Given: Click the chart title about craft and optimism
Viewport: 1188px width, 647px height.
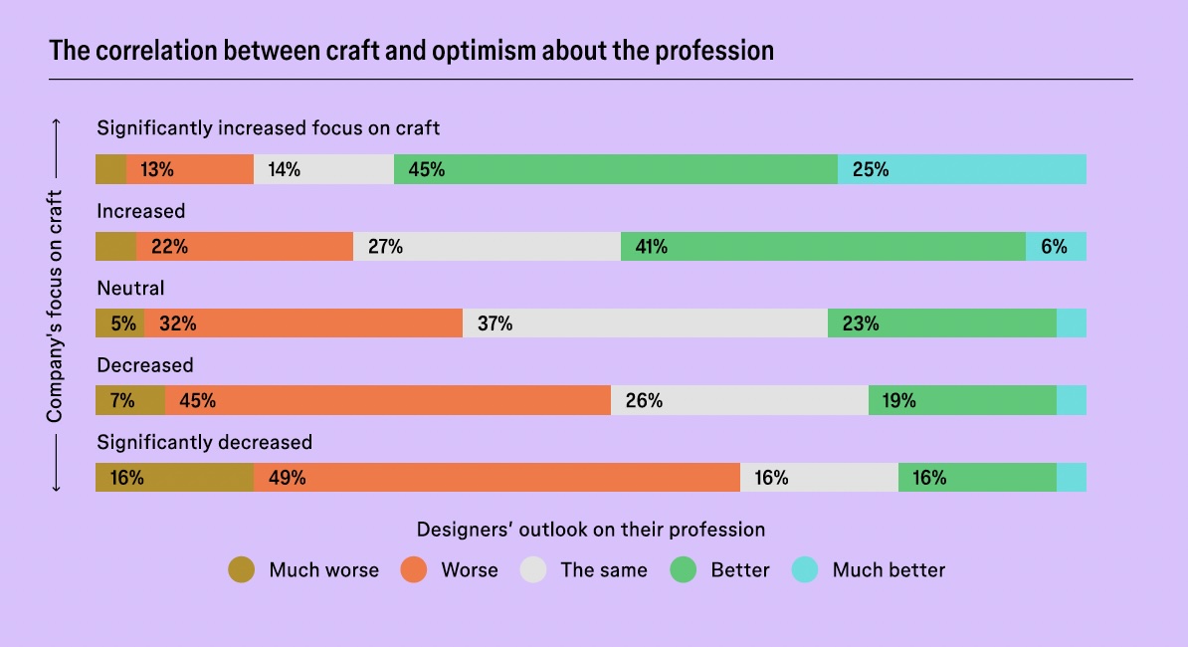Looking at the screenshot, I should [x=411, y=50].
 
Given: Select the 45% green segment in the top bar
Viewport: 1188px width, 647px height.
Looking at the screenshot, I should [x=615, y=169].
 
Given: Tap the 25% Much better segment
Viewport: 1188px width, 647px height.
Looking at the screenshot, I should [x=961, y=169].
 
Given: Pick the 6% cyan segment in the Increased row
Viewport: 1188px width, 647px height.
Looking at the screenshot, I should [x=1056, y=246].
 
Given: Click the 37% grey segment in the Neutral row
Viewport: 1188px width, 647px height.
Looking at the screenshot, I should [x=645, y=323].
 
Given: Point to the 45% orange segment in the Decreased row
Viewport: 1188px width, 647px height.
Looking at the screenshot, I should [x=388, y=400].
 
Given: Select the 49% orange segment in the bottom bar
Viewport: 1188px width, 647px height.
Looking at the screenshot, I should [x=496, y=477].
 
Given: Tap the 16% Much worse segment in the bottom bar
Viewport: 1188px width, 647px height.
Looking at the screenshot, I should [x=174, y=477].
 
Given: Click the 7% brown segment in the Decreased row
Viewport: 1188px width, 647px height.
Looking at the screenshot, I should [x=130, y=400].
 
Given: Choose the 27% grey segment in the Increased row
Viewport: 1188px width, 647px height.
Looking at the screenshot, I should [x=487, y=246].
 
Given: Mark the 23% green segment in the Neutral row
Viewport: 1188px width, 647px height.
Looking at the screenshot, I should [x=941, y=323].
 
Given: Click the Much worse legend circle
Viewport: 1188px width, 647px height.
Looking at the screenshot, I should [x=242, y=570].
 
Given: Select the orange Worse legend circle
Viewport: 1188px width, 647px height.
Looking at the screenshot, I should [x=414, y=570].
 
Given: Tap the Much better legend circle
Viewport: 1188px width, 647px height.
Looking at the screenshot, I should [x=805, y=570].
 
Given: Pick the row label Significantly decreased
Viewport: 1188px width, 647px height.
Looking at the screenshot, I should [x=204, y=442].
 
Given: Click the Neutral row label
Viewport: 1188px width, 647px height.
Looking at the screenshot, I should [x=130, y=289].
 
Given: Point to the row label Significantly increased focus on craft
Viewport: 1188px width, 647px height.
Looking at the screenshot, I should [x=268, y=127].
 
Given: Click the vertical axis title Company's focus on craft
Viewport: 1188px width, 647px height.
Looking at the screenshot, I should [x=56, y=306].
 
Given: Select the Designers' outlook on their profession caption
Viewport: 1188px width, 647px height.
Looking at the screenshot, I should [x=590, y=530].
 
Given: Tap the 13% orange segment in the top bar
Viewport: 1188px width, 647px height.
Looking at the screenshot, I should [x=189, y=169].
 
